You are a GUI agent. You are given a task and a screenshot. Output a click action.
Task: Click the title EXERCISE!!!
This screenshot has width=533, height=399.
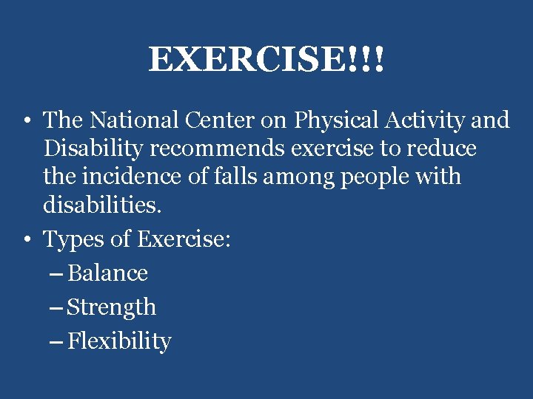pos(266,59)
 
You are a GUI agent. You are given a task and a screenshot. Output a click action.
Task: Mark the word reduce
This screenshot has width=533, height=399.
pos(441,149)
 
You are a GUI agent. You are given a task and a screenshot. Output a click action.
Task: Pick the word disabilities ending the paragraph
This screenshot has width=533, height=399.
pos(102,205)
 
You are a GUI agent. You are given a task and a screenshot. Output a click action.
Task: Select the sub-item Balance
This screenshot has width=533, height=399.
pos(107,273)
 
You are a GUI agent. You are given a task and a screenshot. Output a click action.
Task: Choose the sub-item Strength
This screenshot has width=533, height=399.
pos(111,308)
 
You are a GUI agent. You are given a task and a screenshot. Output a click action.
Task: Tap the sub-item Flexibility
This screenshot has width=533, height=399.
pos(118,342)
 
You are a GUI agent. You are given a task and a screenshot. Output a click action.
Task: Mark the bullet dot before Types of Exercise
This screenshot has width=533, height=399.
pos(25,240)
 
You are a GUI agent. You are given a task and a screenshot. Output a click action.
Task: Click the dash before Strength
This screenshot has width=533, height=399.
pos(56,308)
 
